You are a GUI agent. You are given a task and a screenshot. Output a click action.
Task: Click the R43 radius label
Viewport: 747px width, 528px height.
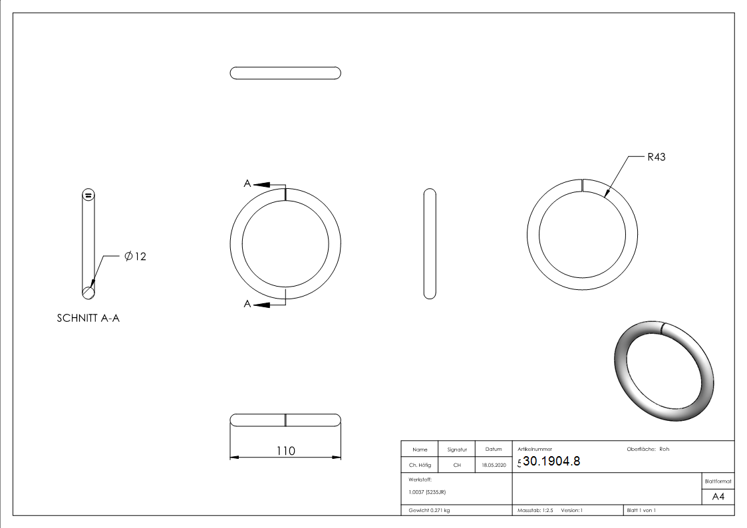656,158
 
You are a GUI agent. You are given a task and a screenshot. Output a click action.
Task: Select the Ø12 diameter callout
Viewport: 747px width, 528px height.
135,257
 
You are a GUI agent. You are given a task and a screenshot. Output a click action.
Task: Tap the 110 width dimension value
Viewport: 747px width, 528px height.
285,451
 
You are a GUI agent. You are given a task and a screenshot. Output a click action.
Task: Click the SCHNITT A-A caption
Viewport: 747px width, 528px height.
88,319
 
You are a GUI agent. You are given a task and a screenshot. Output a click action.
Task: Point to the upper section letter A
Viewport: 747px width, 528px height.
247,184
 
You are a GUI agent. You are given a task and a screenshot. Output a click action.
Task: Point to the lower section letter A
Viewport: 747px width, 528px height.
247,304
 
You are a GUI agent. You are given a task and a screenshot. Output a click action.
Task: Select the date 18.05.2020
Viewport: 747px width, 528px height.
493,465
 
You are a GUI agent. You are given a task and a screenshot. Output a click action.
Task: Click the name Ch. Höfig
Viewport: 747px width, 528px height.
420,465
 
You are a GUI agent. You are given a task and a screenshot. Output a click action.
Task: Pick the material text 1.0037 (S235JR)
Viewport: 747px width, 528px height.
427,492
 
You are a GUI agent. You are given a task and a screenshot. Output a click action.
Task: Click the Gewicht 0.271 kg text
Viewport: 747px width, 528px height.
429,511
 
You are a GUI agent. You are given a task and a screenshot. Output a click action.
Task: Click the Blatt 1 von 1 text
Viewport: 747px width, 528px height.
641,511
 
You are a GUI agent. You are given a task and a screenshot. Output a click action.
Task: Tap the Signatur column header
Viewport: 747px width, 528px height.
457,450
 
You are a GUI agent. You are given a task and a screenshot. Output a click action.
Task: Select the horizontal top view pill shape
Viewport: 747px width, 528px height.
285,73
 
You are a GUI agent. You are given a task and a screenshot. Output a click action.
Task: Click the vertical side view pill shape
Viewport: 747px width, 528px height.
430,243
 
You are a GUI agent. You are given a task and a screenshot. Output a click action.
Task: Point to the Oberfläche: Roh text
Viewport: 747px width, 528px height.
648,449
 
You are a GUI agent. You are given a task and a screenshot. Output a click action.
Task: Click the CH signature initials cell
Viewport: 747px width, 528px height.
457,465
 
